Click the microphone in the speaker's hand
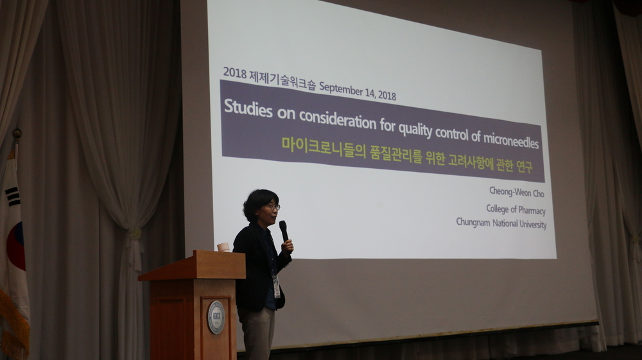click(x=283, y=231)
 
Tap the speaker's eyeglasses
click(x=273, y=207)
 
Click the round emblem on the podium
click(x=216, y=317)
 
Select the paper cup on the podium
click(x=223, y=246)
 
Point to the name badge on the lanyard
click(x=276, y=286)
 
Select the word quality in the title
click(x=415, y=129)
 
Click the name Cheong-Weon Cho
click(x=517, y=192)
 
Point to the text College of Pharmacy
click(x=516, y=209)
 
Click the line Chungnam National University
click(x=501, y=223)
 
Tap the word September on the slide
click(x=341, y=89)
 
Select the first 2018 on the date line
click(x=234, y=73)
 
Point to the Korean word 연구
click(x=525, y=166)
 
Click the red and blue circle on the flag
click(x=16, y=246)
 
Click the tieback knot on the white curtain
click(x=135, y=234)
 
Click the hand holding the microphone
click(x=288, y=245)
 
